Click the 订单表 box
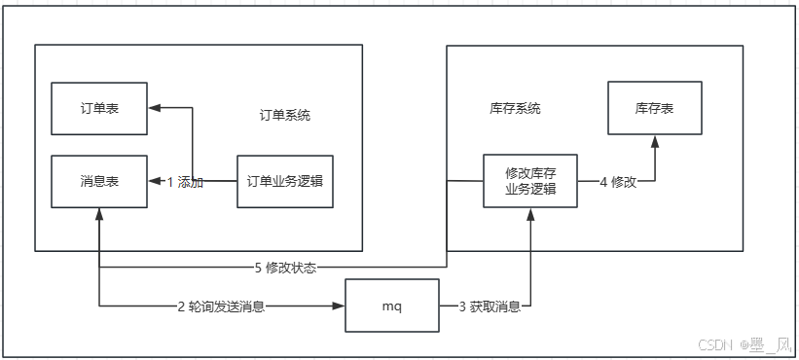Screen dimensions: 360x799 (x=99, y=107)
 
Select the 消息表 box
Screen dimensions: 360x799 (x=99, y=181)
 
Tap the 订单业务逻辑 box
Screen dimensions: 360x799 (x=285, y=181)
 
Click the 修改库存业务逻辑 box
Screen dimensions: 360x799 (x=530, y=181)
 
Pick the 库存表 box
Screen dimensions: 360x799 (x=654, y=108)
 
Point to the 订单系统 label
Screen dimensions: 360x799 (x=279, y=115)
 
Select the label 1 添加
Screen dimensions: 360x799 (x=185, y=182)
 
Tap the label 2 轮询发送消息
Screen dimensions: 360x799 (x=221, y=307)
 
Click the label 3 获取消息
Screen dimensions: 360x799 (x=490, y=307)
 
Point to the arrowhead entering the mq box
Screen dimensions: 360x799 (x=341, y=307)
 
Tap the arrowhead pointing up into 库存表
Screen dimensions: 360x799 (x=654, y=141)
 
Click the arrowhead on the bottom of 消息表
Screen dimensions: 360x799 (x=99, y=214)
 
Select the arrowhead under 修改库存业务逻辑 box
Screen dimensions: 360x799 (x=530, y=214)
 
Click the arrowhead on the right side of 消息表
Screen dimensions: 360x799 (x=154, y=182)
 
